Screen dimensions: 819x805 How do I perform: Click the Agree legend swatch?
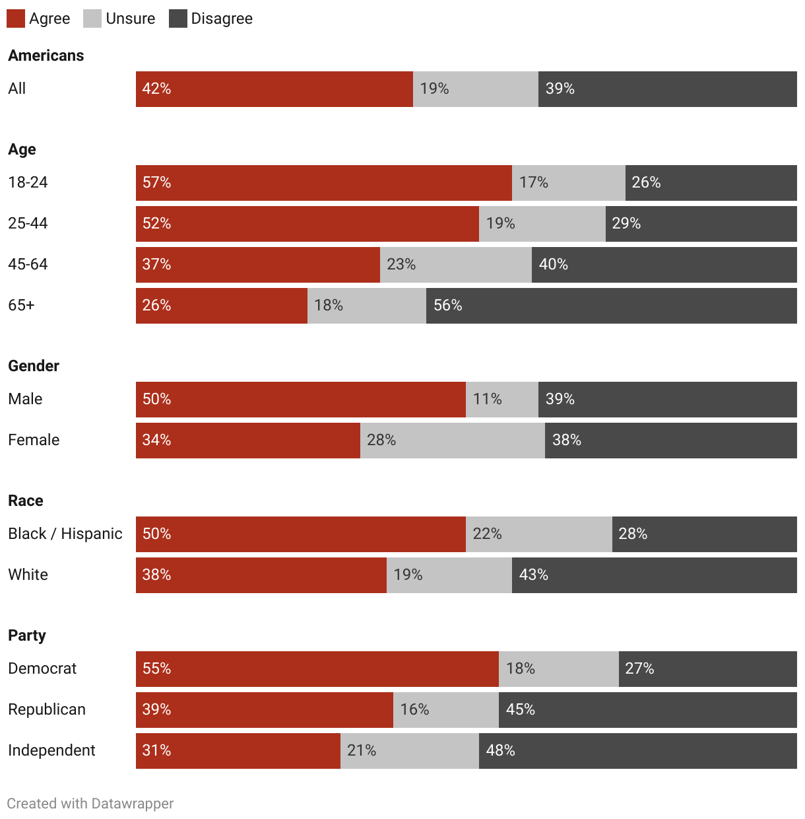[x=16, y=18]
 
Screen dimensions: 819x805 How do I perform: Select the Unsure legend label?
[x=130, y=18]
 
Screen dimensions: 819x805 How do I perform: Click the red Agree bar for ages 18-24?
[x=323, y=183]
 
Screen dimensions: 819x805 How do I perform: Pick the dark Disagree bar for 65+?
[x=611, y=306]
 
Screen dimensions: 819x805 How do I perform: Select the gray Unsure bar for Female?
[x=452, y=441]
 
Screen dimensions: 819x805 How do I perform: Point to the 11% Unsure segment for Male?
[x=501, y=400]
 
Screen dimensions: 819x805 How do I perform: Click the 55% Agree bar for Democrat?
[x=317, y=669]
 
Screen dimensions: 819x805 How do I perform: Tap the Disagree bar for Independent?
[x=637, y=751]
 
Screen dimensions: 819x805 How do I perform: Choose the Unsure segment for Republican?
[x=445, y=710]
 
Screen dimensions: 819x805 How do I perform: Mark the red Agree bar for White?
[x=261, y=575]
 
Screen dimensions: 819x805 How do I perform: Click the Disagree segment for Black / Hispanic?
[x=704, y=534]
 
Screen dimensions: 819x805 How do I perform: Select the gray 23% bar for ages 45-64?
[x=455, y=265]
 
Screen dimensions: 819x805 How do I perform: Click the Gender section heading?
[x=34, y=366]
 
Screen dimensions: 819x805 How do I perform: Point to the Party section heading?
[x=27, y=635]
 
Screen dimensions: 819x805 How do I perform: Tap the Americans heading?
[x=46, y=55]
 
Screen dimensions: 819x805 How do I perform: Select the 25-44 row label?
[x=28, y=223]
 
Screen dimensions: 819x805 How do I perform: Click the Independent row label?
[x=51, y=750]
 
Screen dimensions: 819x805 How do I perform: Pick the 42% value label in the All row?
[x=156, y=89]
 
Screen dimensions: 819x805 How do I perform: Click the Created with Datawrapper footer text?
[x=90, y=804]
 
